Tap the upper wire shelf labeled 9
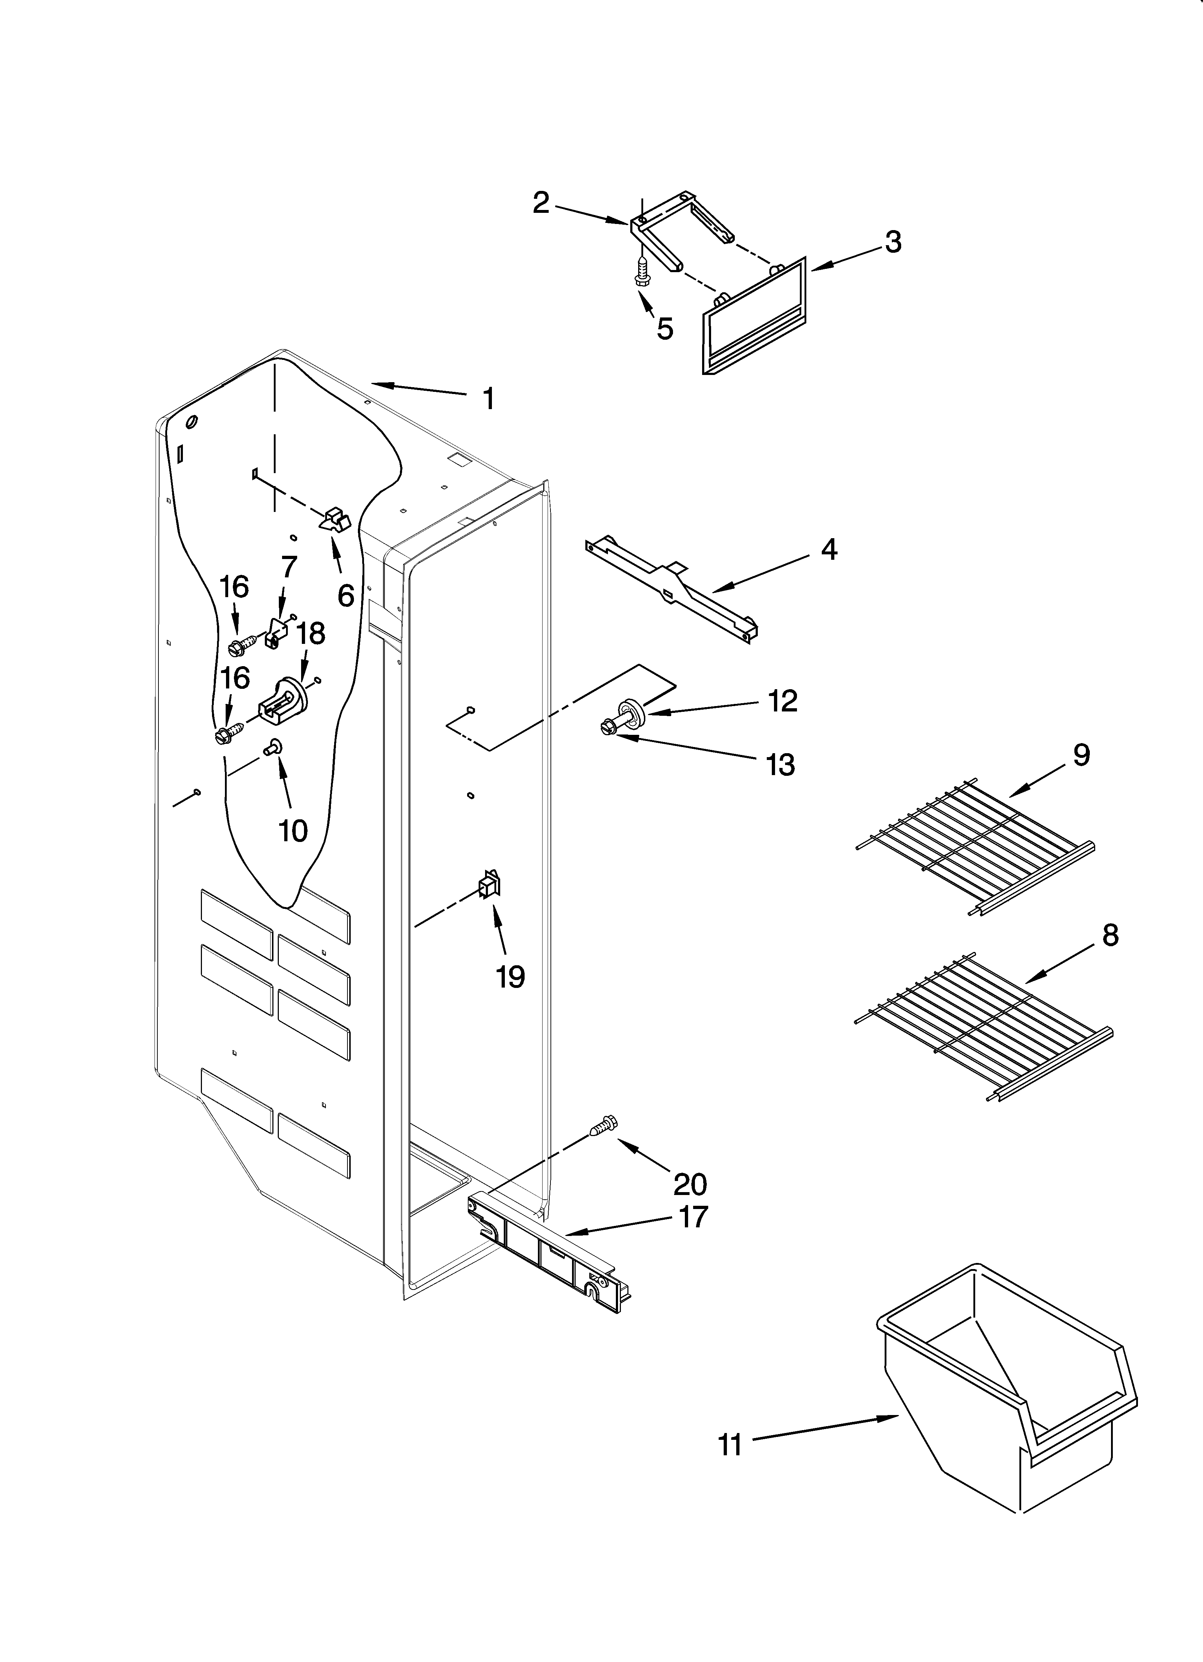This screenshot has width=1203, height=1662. pyautogui.click(x=974, y=846)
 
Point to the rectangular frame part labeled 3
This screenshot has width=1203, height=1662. pyautogui.click(x=755, y=319)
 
